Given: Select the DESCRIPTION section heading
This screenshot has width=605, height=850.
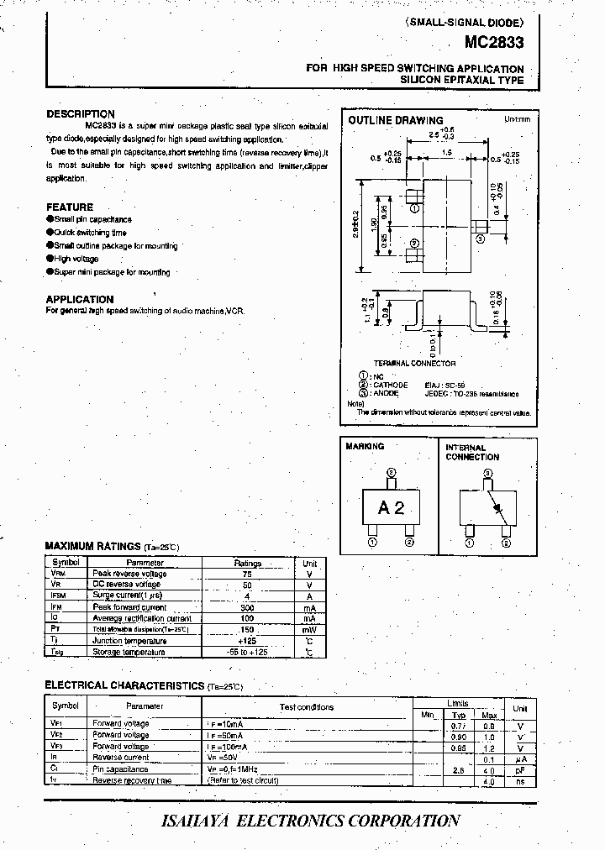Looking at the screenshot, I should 81,114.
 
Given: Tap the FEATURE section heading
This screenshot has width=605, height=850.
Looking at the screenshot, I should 70,207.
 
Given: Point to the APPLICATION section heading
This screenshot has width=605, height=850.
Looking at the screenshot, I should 80,299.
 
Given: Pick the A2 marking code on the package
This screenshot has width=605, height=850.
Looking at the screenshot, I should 391,507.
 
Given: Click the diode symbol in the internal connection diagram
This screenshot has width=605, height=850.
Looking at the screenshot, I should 497,509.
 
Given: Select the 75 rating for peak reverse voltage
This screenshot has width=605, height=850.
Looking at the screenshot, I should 247,574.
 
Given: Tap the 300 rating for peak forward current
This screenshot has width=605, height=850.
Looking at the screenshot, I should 247,607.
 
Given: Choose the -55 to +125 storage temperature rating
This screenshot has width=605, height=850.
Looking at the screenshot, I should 247,652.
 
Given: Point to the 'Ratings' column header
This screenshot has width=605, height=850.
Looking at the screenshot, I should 247,563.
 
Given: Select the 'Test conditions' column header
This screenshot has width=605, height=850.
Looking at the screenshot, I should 307,707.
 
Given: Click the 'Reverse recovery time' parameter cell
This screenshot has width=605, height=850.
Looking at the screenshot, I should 132,780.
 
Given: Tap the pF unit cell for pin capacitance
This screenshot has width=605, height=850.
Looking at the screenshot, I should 521,769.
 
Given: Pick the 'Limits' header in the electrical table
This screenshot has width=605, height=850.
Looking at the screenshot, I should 458,703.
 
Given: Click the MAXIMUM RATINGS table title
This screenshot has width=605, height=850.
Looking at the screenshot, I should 92,546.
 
